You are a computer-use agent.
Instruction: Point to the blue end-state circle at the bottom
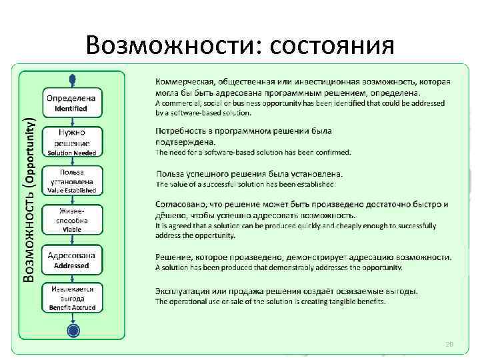pyautogui.click(x=73, y=330)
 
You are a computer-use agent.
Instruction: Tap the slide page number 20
pyautogui.click(x=449, y=343)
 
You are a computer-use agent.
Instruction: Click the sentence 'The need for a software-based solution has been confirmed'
pyautogui.click(x=253, y=152)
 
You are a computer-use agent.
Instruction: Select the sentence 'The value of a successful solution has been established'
pyautogui.click(x=246, y=184)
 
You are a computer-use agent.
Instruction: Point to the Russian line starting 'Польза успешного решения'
pyautogui.click(x=253, y=173)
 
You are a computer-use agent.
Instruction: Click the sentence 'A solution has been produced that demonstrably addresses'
pyautogui.click(x=279, y=268)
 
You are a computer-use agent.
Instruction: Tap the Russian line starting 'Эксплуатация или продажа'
pyautogui.click(x=287, y=291)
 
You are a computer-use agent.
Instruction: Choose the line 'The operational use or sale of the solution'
pyautogui.click(x=270, y=301)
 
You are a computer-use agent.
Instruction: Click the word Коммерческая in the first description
pyautogui.click(x=187, y=83)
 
